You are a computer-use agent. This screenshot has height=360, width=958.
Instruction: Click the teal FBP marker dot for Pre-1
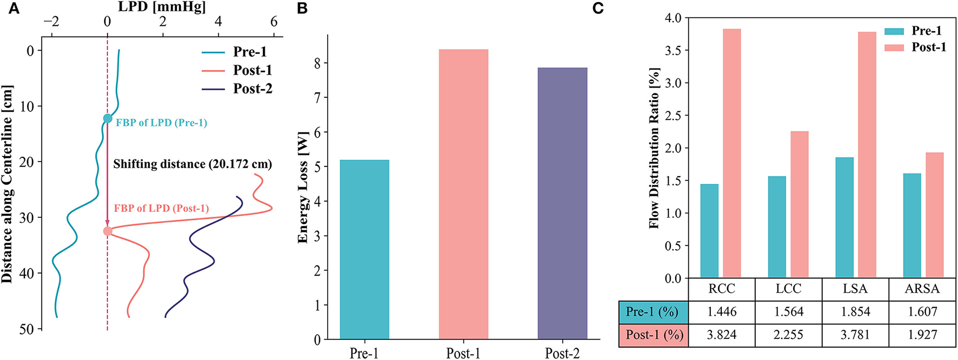(108, 118)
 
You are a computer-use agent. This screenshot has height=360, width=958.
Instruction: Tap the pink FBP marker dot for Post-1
(108, 231)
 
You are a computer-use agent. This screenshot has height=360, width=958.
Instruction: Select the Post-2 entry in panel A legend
(252, 89)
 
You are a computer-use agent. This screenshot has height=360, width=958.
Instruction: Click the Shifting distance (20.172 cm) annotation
(192, 164)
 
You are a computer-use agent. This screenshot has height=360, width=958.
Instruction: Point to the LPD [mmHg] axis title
(162, 7)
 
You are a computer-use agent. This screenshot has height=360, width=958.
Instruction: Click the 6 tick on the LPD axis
(274, 22)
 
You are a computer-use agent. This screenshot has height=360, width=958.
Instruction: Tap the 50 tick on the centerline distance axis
(26, 329)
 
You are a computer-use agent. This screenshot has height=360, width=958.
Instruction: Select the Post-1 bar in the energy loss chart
(463, 195)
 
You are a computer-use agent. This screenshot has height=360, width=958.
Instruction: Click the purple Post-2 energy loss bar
(562, 203)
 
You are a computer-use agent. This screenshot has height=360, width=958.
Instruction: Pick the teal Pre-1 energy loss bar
(364, 250)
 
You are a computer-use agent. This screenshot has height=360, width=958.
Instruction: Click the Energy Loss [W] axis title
(303, 186)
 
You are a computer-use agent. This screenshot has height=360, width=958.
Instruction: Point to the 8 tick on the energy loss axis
(317, 63)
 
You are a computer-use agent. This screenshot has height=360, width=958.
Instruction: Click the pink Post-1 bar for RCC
(731, 154)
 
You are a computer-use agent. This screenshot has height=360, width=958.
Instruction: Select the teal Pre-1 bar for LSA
(844, 218)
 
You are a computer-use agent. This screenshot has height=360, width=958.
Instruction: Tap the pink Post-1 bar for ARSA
(934, 215)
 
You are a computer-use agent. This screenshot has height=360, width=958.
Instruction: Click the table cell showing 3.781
(855, 335)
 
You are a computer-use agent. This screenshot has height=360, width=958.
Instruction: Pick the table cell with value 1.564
(788, 312)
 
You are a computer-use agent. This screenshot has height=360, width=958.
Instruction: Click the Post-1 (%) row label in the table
(654, 335)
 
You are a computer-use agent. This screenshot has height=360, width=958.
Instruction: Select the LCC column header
(788, 289)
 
